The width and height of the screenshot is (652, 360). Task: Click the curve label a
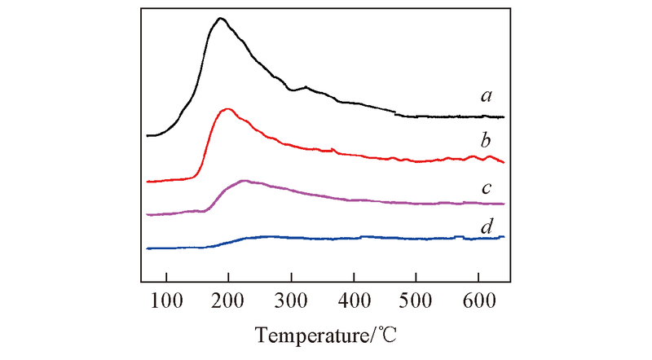(x=487, y=96)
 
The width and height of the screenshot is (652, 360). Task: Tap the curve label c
(x=487, y=188)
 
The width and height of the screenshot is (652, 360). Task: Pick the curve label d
(x=487, y=225)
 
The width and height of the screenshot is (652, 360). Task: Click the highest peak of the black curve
(x=220, y=18)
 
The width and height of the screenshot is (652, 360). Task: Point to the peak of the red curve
(x=228, y=108)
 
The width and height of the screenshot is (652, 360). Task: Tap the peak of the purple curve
(x=244, y=180)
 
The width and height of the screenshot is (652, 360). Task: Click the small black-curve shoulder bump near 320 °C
(x=306, y=86)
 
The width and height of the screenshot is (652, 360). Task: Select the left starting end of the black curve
(x=148, y=135)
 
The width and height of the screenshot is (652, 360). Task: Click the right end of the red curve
(x=504, y=163)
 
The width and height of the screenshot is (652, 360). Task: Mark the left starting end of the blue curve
(x=148, y=248)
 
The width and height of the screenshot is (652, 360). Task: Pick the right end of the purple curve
(x=504, y=204)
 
